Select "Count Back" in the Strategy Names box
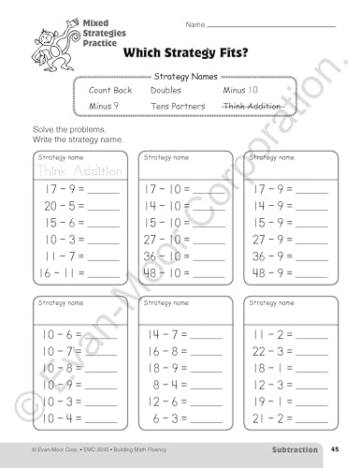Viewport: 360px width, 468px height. pyautogui.click(x=110, y=91)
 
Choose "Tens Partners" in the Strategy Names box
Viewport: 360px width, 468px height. pyautogui.click(x=179, y=107)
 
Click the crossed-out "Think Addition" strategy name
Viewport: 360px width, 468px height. pyautogui.click(x=252, y=107)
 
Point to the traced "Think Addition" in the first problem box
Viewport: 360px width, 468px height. pyautogui.click(x=72, y=170)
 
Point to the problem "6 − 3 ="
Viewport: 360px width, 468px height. pyautogui.click(x=171, y=418)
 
